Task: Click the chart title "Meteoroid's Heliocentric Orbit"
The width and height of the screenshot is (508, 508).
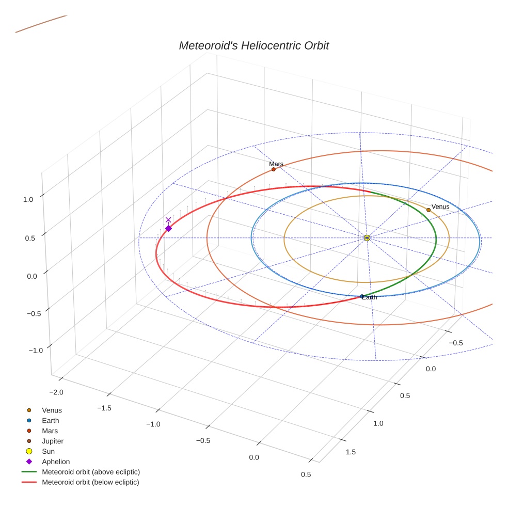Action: click(253, 45)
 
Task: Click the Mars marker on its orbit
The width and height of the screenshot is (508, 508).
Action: click(274, 169)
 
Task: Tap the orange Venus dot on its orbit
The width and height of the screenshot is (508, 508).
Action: click(428, 210)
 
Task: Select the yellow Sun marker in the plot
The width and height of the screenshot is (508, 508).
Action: click(367, 237)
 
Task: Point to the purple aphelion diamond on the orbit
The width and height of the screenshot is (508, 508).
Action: click(168, 228)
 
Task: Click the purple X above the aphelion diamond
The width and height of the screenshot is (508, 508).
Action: click(168, 220)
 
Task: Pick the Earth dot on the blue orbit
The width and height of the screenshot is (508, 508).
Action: click(362, 296)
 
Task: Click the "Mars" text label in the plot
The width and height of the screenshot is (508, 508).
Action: click(276, 164)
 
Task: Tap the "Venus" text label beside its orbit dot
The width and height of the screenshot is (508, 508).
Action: click(440, 207)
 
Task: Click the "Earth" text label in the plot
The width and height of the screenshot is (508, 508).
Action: click(370, 297)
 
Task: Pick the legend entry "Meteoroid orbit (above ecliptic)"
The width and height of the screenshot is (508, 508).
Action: click(91, 472)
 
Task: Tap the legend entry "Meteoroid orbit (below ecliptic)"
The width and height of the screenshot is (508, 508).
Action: click(91, 482)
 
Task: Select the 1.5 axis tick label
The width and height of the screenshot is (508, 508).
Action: click(350, 452)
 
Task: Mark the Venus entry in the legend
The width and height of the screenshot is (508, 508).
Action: click(52, 410)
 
